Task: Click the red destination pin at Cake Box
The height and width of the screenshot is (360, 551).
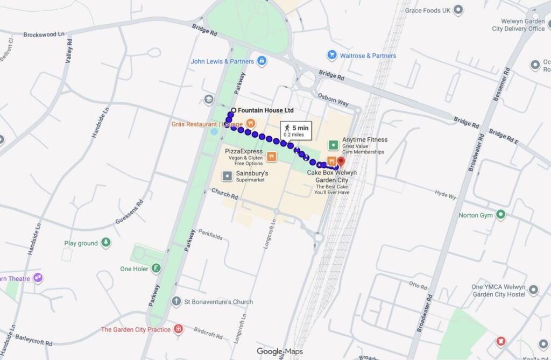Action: pos(341,161)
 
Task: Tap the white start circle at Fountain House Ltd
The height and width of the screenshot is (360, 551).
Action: pos(234,110)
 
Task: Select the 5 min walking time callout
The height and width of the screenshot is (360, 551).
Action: pos(295,130)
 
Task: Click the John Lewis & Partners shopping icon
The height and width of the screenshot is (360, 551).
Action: pos(262,61)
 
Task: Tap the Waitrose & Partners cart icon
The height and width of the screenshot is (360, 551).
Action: pos(332,55)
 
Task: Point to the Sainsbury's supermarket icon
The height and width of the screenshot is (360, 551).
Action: pos(228,176)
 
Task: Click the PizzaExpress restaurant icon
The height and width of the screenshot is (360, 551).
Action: pos(272,157)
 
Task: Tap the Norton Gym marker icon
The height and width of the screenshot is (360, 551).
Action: pos(501,215)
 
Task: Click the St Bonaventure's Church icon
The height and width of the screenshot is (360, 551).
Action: pos(176,301)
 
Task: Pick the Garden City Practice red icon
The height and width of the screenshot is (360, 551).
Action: pos(179,329)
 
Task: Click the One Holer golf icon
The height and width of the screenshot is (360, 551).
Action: pos(156,268)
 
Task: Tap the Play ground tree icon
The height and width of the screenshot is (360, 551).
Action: pos(106,243)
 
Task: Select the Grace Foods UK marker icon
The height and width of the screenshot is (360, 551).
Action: pos(458,10)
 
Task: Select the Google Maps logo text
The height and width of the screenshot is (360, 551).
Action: pos(279,351)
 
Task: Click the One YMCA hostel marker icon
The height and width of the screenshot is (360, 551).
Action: pos(533,290)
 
